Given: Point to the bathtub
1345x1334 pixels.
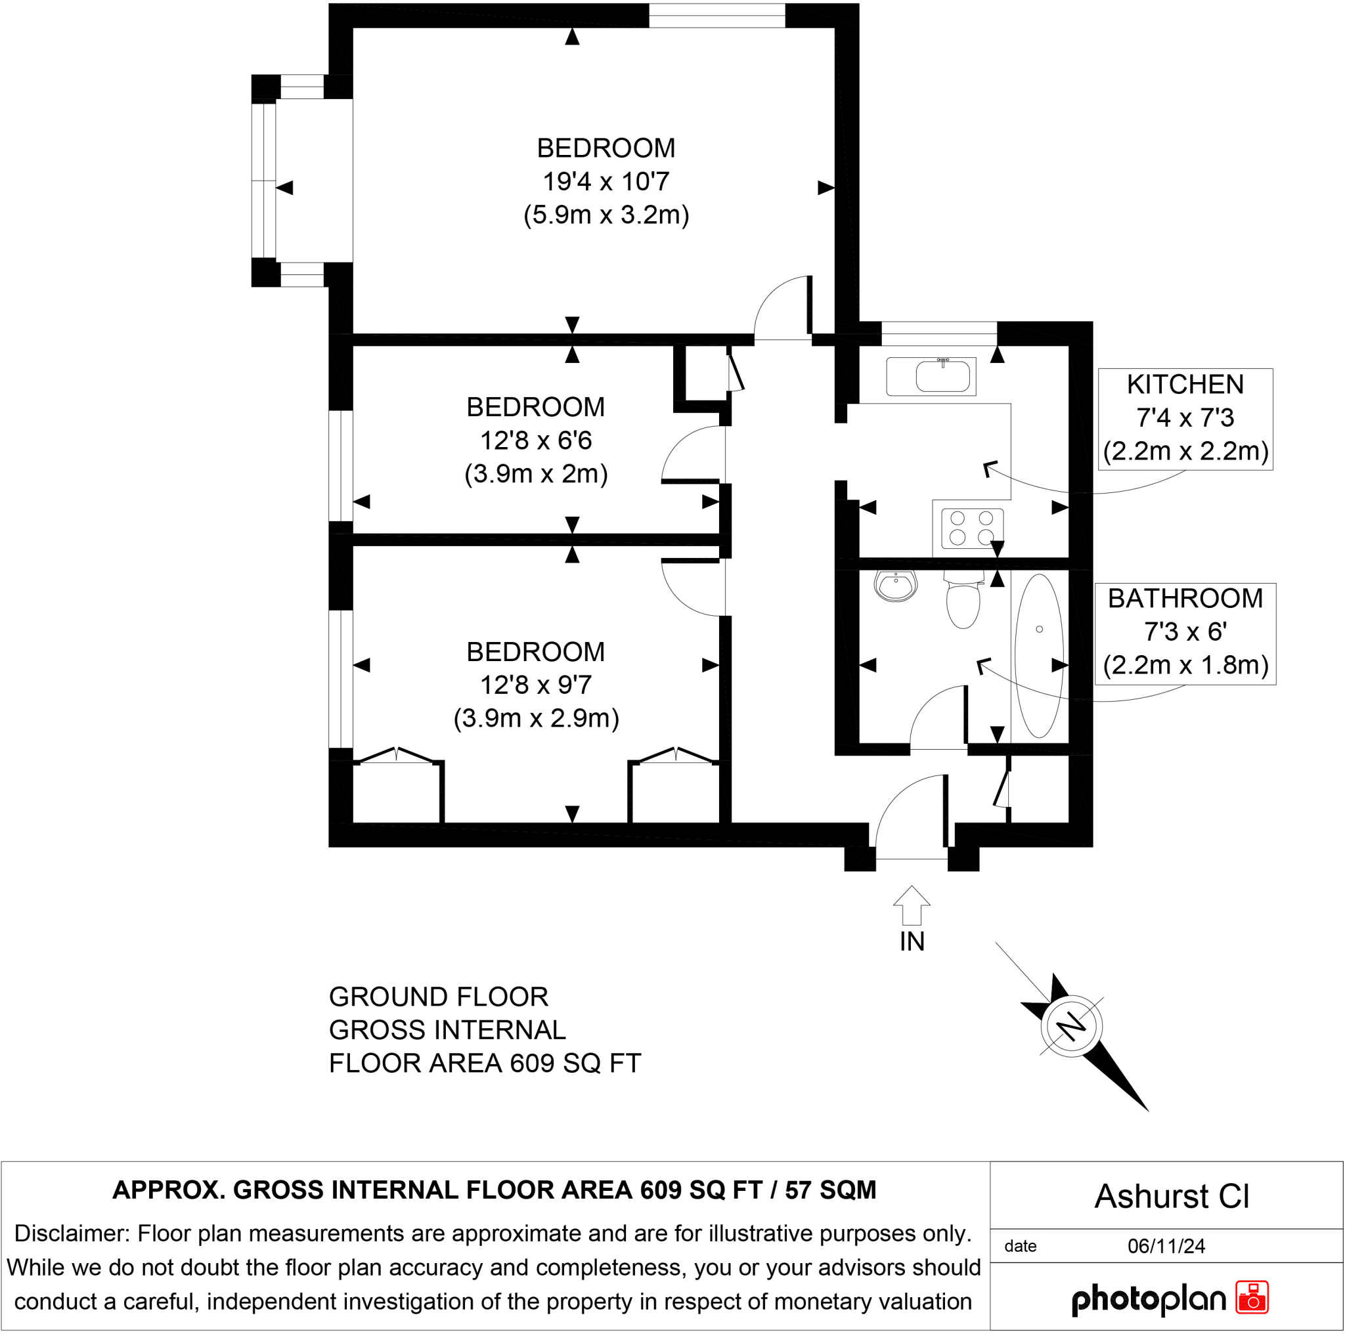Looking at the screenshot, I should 1040,656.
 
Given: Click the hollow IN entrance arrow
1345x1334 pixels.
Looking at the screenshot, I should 912,905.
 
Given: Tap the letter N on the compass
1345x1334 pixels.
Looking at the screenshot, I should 1070,1026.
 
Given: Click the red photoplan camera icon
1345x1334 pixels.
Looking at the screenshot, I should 1252,1297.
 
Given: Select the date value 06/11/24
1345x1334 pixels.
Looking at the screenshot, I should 1166,1245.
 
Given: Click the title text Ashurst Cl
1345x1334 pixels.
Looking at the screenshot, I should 1172,1196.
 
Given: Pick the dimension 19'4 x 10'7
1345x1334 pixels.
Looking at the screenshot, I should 606,182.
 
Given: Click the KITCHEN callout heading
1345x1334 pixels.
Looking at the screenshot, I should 1185,384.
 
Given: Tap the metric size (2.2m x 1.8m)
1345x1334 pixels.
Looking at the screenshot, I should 1185,665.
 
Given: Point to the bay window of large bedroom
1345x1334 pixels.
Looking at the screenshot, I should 265,181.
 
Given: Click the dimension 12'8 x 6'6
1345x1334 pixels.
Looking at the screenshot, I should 535,441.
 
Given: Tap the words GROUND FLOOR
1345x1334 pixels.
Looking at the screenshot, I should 438,997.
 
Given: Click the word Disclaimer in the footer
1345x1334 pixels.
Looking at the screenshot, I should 72,1233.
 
